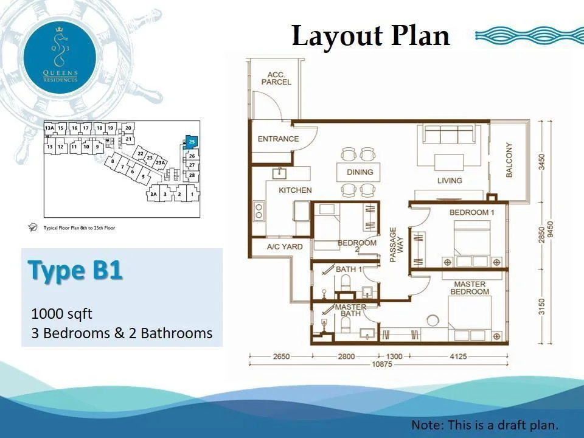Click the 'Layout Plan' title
coord(370,36)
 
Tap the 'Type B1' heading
coord(75,271)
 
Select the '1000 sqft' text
coord(61,314)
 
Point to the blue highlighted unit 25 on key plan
coord(191,141)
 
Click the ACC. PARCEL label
coord(276,78)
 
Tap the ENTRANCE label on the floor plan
coord(278,139)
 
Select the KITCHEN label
coord(295,190)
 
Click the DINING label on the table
coord(360,172)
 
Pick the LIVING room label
coord(450,181)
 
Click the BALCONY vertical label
coord(509,161)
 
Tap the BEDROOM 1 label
coord(472,212)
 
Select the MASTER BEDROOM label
coord(470,288)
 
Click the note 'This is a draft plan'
coord(484,425)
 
